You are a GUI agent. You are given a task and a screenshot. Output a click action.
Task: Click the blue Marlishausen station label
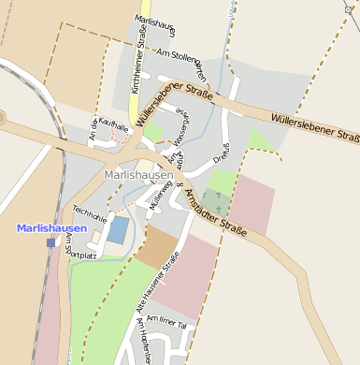click(51, 228)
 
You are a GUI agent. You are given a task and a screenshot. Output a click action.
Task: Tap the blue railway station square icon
click(51, 242)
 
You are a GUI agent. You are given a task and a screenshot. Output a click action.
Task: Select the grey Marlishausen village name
click(138, 174)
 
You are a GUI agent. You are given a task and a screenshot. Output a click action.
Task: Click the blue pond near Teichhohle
click(119, 229)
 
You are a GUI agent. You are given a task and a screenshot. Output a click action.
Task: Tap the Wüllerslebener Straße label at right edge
click(314, 128)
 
